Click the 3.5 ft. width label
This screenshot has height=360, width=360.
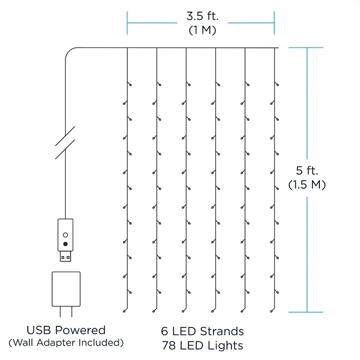202,16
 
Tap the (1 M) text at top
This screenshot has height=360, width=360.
202,30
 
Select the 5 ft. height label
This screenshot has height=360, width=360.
307,170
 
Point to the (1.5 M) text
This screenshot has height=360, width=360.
307,185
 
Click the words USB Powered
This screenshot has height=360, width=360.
66,330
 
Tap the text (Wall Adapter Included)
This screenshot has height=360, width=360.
66,343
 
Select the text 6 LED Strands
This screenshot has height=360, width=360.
202,331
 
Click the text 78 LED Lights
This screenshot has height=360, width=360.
202,346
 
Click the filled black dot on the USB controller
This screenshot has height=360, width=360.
66,244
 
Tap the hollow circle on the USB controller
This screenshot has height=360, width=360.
66,235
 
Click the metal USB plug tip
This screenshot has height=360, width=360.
66,256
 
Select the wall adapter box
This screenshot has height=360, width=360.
66,289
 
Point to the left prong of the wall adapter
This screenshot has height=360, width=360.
60,312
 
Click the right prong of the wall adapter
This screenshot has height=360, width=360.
72,312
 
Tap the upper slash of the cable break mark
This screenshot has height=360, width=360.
65,136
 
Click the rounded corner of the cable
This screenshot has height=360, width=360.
68,51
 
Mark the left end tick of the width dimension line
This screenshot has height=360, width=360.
127,23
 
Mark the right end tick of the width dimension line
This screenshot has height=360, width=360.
274,23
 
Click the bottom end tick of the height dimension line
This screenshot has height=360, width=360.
306,312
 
